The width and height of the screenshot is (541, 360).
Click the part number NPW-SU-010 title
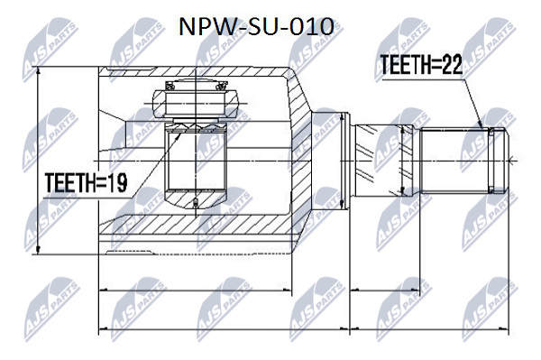256,27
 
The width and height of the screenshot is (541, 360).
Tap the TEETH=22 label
420,65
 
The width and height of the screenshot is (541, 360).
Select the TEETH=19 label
86,182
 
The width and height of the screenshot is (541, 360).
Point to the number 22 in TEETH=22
452,65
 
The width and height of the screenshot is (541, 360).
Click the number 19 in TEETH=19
117,182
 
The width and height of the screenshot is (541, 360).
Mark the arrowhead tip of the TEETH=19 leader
180,134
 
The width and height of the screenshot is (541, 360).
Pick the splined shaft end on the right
463,161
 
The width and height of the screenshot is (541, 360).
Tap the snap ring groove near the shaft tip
491,161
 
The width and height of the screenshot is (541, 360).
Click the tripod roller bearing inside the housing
196,104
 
